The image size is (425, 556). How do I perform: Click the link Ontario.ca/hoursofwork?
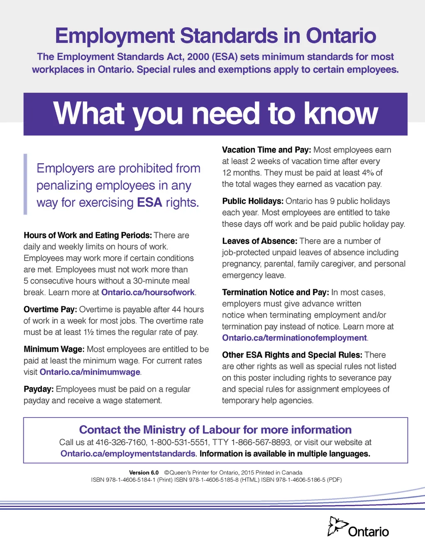tap(148, 292)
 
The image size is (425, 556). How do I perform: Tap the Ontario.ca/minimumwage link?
tap(90, 372)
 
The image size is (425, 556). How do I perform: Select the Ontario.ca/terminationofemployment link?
tap(295, 338)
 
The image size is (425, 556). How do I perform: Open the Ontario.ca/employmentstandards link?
tap(128, 454)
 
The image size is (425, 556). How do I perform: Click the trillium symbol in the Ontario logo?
tap(337, 526)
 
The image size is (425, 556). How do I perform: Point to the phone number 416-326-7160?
tap(121, 443)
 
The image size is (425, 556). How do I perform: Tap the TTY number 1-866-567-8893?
tap(261, 443)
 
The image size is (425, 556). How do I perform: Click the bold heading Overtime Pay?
tap(50, 310)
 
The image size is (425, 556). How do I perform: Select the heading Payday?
tap(39, 389)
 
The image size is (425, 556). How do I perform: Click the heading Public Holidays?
tap(253, 201)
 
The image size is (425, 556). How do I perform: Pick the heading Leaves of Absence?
tap(260, 241)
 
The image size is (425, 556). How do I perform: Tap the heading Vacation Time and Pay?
tap(266, 150)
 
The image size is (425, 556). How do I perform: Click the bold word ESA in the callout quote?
tap(149, 203)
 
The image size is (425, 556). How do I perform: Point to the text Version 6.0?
tap(144, 473)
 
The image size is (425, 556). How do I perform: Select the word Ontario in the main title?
tap(341, 36)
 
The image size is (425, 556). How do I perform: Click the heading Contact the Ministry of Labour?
tap(215, 430)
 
